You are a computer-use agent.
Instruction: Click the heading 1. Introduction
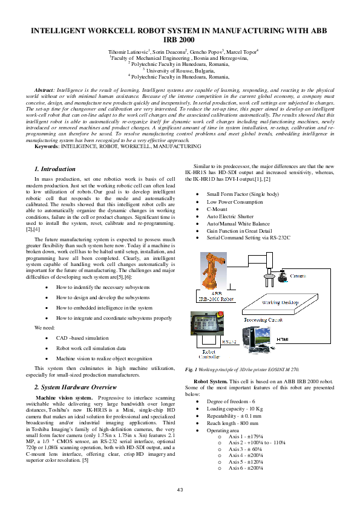54,169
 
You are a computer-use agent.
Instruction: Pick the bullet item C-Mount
217,209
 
